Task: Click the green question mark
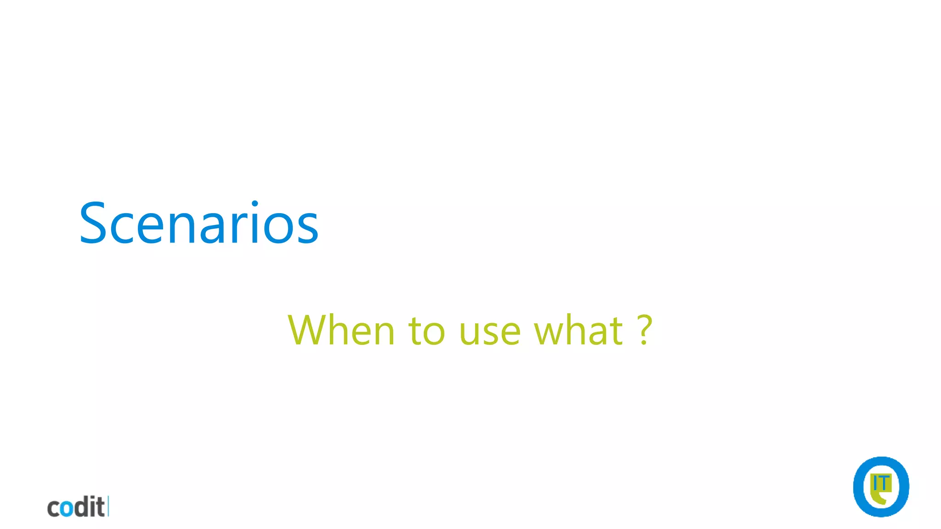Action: [645, 330]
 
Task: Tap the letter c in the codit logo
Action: [54, 509]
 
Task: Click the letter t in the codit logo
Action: [100, 507]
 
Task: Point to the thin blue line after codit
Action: [108, 506]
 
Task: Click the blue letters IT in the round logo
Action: [881, 484]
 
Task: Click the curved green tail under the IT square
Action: [878, 499]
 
